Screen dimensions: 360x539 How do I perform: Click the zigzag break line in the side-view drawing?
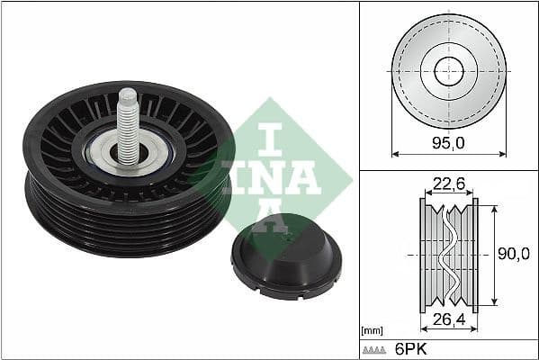pos(447,256)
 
